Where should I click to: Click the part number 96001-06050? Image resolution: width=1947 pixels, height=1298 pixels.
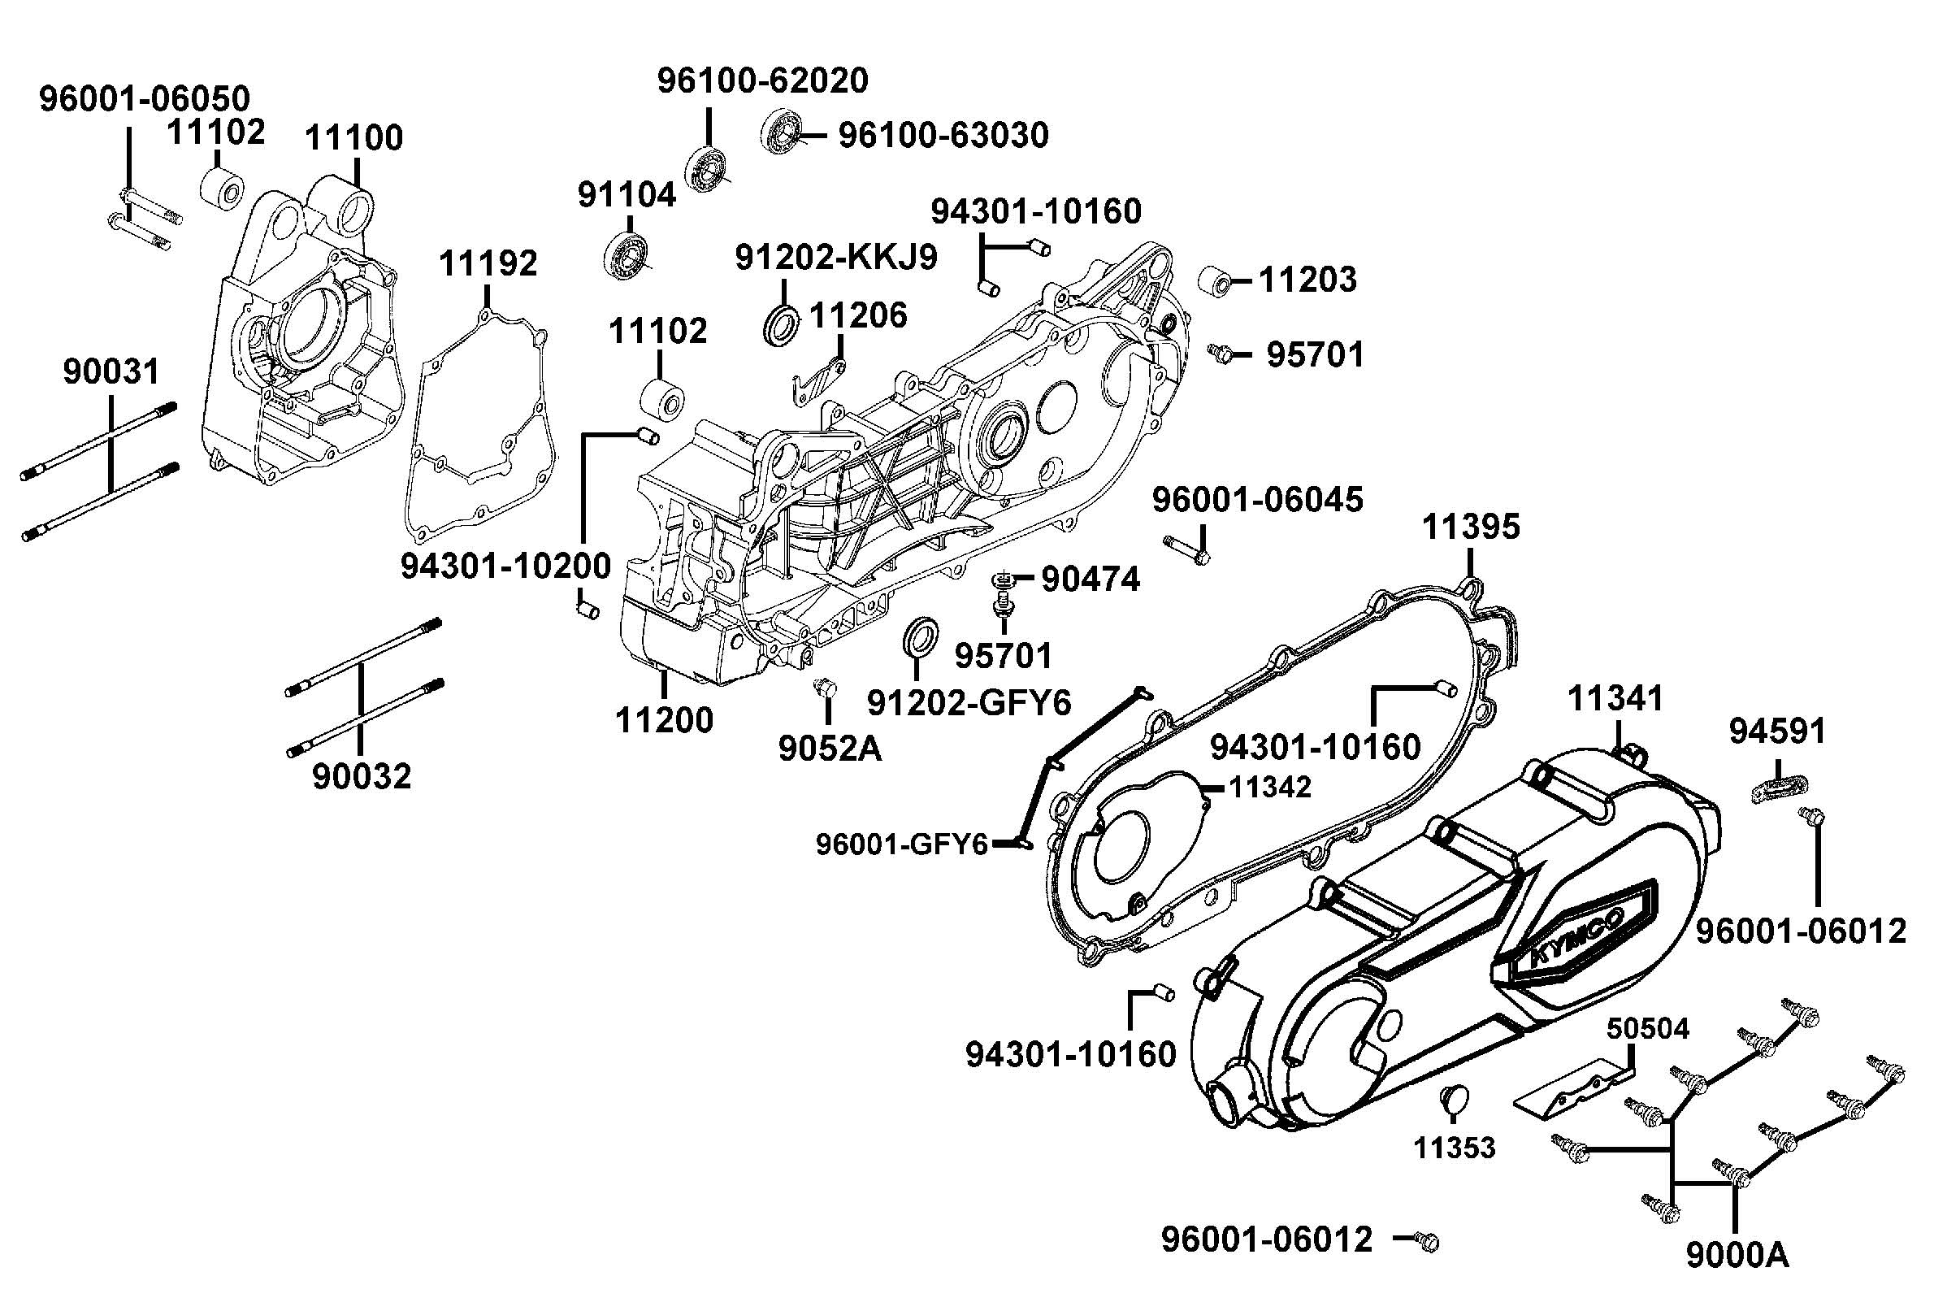click(x=145, y=98)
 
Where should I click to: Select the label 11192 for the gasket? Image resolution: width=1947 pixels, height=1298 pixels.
click(x=488, y=263)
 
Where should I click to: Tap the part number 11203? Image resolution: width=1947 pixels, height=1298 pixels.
click(x=1307, y=280)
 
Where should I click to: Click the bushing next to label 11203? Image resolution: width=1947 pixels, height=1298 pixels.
click(x=1216, y=280)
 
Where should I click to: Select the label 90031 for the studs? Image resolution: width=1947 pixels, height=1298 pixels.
click(x=111, y=371)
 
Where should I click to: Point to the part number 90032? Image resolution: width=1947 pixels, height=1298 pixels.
click(x=362, y=776)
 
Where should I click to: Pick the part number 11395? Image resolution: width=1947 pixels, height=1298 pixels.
click(x=1471, y=527)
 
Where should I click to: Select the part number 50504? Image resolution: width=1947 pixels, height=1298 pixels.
click(x=1648, y=1028)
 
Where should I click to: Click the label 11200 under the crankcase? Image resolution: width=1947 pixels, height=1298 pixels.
click(x=664, y=720)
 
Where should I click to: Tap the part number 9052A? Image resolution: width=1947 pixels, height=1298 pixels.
click(x=830, y=749)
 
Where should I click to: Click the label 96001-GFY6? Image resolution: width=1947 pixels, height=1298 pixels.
click(x=902, y=844)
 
